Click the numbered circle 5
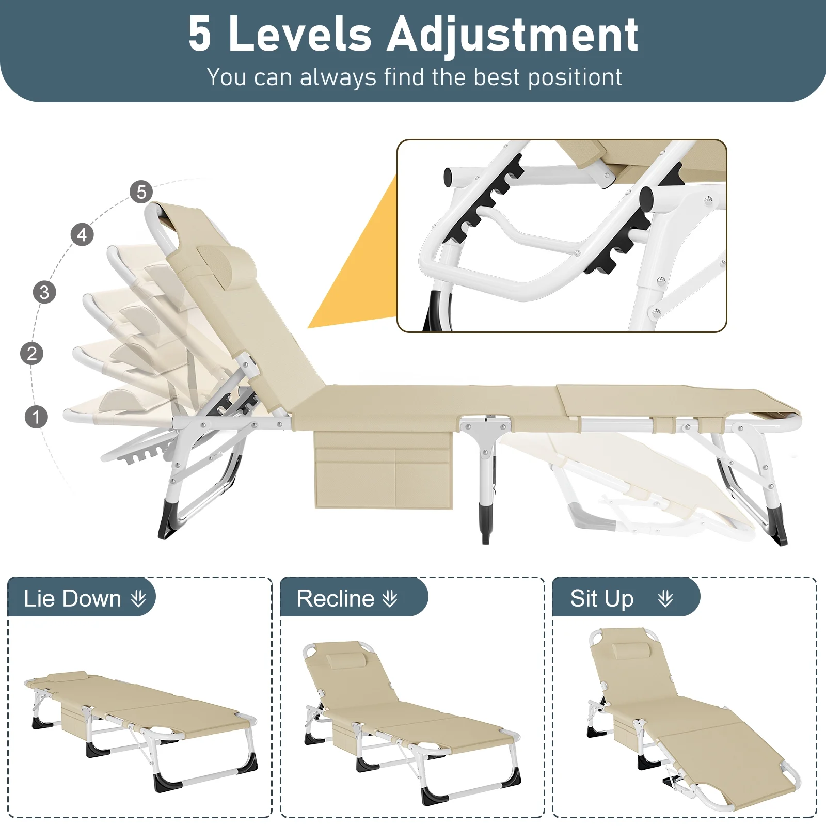(x=141, y=192)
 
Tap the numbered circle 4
(x=82, y=235)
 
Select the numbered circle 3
(x=44, y=292)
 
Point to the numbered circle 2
(x=32, y=354)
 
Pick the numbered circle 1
(x=36, y=417)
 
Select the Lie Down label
(x=72, y=599)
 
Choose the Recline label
(x=336, y=599)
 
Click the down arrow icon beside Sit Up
(x=665, y=599)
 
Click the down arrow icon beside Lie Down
(x=138, y=599)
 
